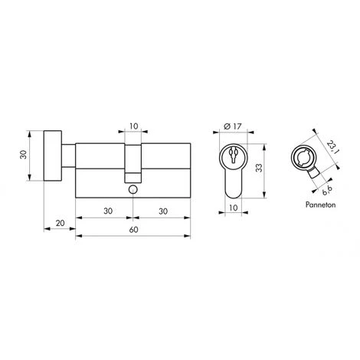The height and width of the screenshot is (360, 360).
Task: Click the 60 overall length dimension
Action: click(132, 229)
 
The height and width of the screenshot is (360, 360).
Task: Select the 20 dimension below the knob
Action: click(60, 223)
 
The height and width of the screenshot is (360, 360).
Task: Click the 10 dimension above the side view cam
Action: click(133, 125)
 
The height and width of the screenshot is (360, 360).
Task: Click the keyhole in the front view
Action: click(231, 158)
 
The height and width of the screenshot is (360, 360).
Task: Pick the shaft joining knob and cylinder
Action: click(70, 157)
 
